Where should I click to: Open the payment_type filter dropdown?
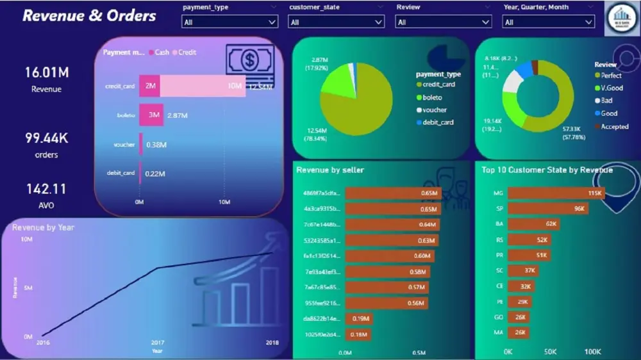[229, 22]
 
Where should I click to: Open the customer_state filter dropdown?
[336, 22]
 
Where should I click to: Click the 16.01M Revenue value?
[46, 72]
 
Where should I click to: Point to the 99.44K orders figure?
[46, 138]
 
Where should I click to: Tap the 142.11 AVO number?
[46, 189]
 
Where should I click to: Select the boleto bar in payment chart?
[152, 115]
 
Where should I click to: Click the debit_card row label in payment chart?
[121, 173]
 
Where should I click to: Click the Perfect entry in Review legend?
[611, 76]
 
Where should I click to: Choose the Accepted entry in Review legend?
[614, 127]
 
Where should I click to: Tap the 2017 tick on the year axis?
[157, 343]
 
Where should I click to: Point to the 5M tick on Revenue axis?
[29, 288]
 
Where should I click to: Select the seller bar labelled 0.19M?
[358, 318]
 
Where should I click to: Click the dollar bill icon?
[249, 61]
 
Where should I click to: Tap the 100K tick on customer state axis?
[592, 352]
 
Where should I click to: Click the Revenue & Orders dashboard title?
[89, 16]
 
